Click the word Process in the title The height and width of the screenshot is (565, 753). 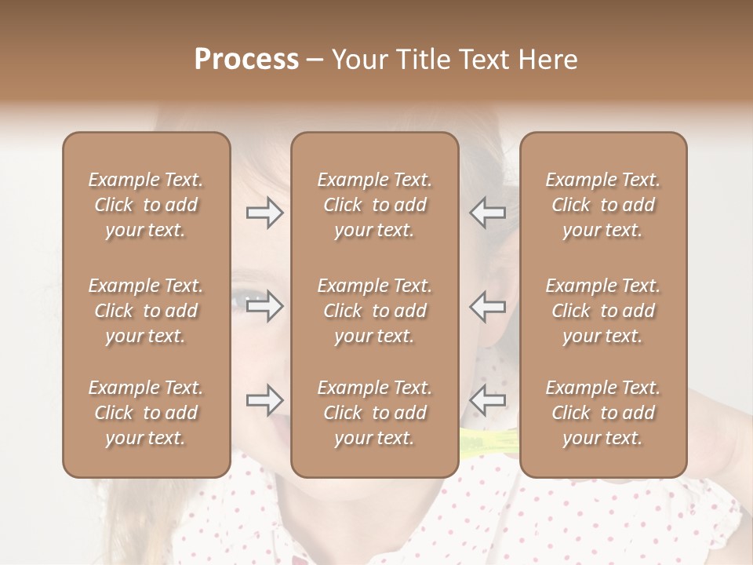point(246,60)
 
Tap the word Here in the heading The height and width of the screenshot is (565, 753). point(547,60)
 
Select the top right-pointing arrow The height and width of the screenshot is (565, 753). point(265,213)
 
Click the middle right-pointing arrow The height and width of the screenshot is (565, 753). point(265,306)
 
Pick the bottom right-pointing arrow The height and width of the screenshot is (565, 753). point(265,400)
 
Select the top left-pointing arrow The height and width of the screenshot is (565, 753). point(488,213)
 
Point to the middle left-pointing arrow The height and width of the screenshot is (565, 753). point(488,306)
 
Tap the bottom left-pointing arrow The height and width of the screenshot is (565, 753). point(488,400)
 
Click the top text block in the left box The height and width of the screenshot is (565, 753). point(146,205)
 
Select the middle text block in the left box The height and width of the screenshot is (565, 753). point(146,311)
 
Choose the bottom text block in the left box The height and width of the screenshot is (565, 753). point(146,413)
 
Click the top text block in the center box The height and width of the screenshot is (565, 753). point(375,205)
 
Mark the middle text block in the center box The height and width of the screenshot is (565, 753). point(375,311)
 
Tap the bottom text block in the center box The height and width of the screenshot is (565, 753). point(375,413)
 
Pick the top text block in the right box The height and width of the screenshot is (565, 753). point(603,205)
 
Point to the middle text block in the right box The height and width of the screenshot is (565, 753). point(603,311)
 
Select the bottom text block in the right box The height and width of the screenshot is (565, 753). point(603,413)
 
